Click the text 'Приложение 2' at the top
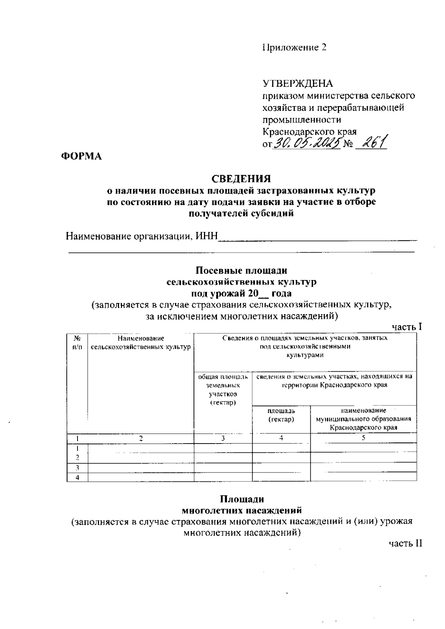point(295,47)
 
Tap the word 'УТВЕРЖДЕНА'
point(298,83)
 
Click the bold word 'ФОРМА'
point(81,157)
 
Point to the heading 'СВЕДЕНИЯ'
point(241,179)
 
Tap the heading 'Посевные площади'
point(241,270)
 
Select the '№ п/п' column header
point(78,342)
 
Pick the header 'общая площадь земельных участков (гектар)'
point(223,389)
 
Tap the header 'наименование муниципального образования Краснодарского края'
point(363,419)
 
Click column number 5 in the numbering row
point(363,438)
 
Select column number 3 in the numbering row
point(223,438)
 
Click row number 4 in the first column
point(77,477)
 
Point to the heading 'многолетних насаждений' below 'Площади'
point(241,510)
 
